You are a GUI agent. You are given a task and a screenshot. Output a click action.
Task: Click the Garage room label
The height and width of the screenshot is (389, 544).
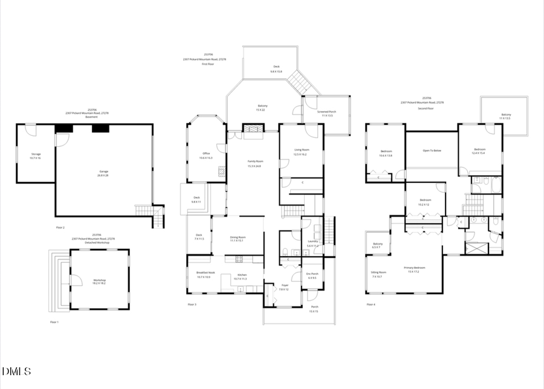(x=103, y=172)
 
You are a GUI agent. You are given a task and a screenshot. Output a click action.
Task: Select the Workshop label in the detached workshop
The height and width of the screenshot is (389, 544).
(x=99, y=280)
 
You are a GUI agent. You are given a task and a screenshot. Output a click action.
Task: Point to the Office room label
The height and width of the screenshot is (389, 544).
(x=206, y=153)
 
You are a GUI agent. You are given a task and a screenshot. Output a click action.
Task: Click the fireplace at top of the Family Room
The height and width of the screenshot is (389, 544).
(x=253, y=129)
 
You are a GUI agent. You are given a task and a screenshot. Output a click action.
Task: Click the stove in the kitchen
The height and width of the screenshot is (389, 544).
(x=238, y=259)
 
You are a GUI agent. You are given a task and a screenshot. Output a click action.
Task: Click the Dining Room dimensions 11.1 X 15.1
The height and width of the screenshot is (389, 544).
(x=238, y=241)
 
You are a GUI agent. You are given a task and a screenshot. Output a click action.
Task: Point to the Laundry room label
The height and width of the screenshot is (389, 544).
(x=312, y=242)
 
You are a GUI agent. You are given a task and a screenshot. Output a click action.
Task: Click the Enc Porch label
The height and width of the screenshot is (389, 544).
(x=312, y=274)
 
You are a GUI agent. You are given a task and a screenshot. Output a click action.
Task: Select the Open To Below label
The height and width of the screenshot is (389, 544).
(x=432, y=150)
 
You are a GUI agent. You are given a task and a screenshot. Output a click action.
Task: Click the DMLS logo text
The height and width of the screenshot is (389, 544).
(x=17, y=370)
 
